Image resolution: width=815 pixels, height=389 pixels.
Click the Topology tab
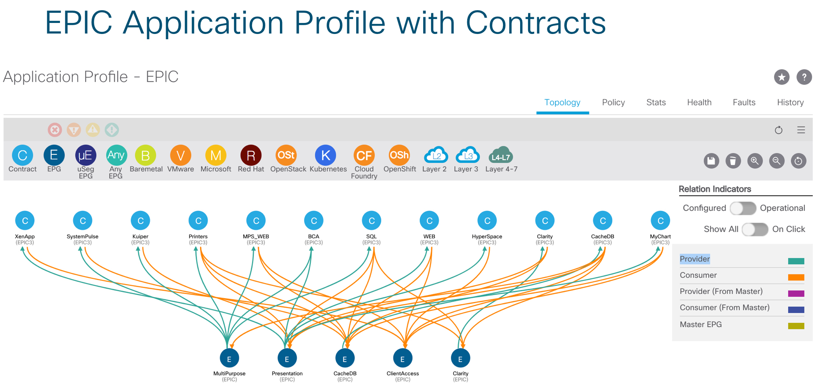point(562,102)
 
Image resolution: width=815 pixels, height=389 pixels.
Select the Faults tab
point(744,102)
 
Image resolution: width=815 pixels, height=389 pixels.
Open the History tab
point(790,102)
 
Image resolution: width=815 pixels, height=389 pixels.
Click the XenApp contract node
point(25,221)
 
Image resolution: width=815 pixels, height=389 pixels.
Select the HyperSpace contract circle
point(487,221)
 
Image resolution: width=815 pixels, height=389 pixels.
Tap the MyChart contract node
point(660,221)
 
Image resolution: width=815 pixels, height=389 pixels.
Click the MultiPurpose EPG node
point(229,359)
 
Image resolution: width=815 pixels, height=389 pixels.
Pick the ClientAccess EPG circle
point(402,359)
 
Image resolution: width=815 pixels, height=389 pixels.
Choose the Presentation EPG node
point(287,359)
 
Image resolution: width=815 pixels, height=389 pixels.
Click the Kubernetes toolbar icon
point(326,155)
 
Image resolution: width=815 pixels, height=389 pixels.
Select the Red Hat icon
point(251,155)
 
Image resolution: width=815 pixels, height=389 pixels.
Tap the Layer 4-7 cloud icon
point(501,155)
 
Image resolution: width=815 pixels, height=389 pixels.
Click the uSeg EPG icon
point(86,155)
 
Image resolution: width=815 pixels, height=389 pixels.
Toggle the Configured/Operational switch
point(743,208)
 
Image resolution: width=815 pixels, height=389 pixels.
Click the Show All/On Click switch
point(755,229)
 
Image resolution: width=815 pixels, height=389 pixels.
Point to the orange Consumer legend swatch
point(796,277)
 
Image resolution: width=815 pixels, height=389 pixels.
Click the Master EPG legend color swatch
point(796,326)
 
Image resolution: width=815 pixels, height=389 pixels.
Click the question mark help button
point(804,77)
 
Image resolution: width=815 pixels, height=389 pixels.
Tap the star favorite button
point(782,77)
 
